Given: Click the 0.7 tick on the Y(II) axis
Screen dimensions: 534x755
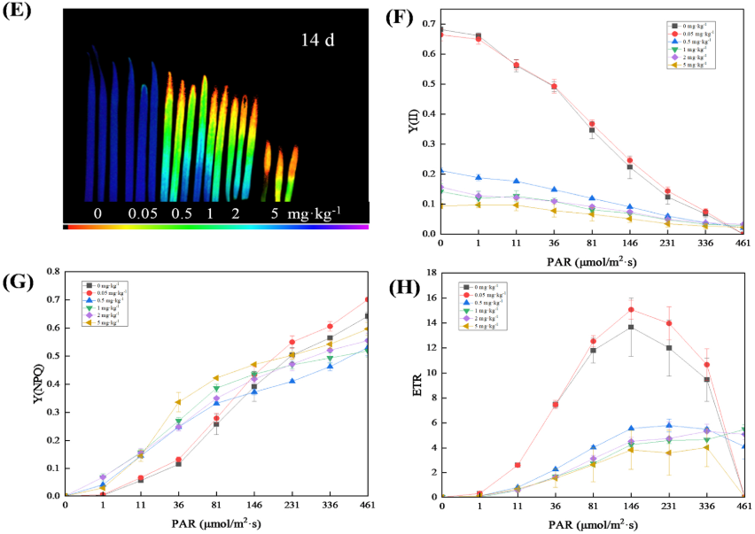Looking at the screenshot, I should point(428,24).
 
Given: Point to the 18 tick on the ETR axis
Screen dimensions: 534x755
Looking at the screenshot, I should point(430,273).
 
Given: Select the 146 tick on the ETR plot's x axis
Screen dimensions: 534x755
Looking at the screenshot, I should point(630,507).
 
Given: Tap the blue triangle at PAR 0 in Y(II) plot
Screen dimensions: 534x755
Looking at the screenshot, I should point(441,170).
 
